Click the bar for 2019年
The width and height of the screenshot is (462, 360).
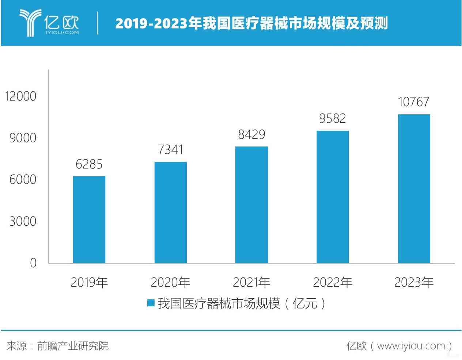pyautogui.click(x=89, y=219)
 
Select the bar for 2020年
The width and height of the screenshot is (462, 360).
pyautogui.click(x=170, y=212)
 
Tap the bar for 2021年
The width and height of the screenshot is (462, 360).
pyautogui.click(x=251, y=204)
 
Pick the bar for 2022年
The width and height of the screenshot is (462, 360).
pyautogui.click(x=333, y=197)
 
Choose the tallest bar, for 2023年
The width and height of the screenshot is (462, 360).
pyautogui.click(x=414, y=188)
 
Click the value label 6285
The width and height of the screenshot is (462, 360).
pyautogui.click(x=89, y=165)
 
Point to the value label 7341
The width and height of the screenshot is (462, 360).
pyautogui.click(x=170, y=150)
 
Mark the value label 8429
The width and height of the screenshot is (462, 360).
pyautogui.click(x=251, y=135)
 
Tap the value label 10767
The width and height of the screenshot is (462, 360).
pyautogui.click(x=414, y=102)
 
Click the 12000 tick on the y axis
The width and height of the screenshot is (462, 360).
pyautogui.click(x=20, y=96)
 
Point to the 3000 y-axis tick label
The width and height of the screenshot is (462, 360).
pyautogui.click(x=23, y=221)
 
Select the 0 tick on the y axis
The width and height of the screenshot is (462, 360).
pyautogui.click(x=33, y=263)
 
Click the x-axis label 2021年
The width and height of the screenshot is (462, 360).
pyautogui.click(x=251, y=282)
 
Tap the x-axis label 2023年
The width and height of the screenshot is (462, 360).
pyautogui.click(x=414, y=282)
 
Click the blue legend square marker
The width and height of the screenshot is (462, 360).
pyautogui.click(x=151, y=303)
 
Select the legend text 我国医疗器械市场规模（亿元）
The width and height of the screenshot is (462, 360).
pyautogui.click(x=241, y=303)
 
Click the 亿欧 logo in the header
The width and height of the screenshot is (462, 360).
pyautogui.click(x=49, y=23)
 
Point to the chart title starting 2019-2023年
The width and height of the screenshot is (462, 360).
pyautogui.click(x=251, y=23)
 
